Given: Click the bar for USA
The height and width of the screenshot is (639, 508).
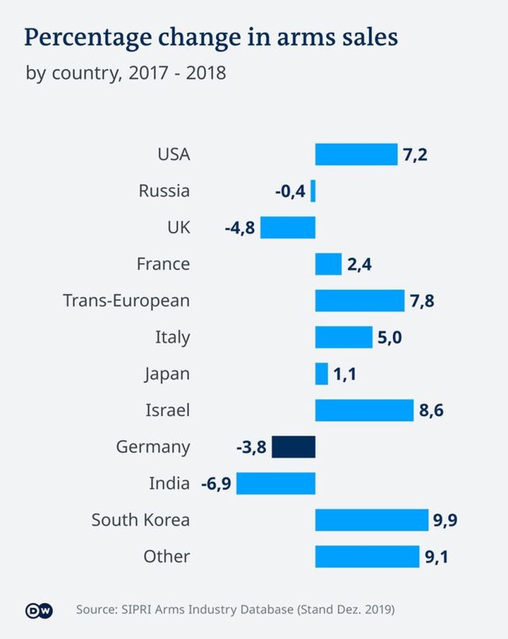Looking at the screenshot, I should tap(356, 154).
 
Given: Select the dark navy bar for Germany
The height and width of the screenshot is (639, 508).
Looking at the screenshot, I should tap(294, 447).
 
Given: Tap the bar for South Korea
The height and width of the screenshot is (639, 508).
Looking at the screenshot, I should tap(372, 520).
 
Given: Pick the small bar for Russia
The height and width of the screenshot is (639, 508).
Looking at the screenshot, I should tap(313, 190).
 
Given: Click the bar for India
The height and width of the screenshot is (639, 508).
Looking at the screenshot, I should tap(276, 484).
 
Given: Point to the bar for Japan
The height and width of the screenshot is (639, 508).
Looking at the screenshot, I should tap(322, 374).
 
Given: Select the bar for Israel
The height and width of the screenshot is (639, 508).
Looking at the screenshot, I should tap(364, 410).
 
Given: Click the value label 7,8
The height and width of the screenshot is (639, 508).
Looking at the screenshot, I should tap(422, 301).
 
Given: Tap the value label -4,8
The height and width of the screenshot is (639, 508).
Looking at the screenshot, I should tap(240, 228).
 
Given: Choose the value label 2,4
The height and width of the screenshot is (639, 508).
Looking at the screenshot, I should tap(359, 264).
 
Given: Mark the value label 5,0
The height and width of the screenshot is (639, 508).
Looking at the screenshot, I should tap(389, 338).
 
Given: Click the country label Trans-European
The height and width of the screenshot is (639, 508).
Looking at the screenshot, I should tap(126, 300).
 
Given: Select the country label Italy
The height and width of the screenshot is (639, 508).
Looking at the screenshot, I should tap(172, 337).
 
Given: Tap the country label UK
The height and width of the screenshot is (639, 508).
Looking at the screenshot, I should tap(179, 227).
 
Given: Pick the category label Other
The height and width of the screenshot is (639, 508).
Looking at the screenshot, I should tap(167, 556).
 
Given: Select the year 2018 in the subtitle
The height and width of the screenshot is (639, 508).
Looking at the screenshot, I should tap(206, 73).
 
